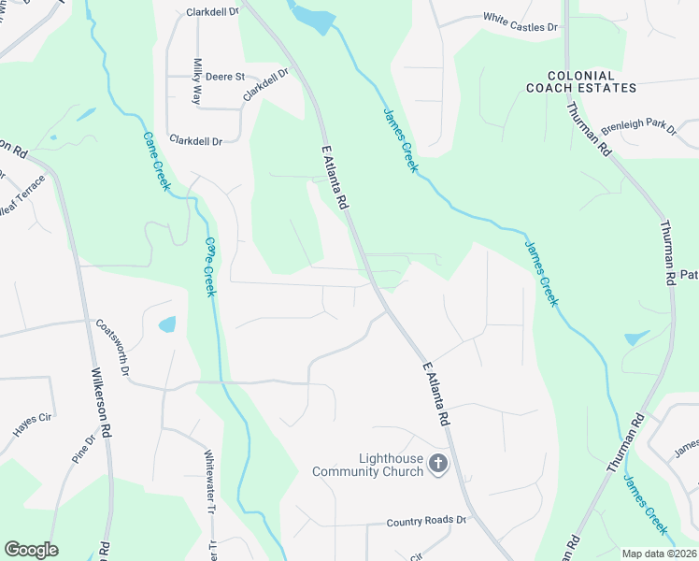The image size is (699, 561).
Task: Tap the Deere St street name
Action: click(225, 77)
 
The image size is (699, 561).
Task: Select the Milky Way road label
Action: click(197, 81)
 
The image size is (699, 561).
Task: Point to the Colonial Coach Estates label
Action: click(580, 82)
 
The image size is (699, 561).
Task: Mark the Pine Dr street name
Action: click(84, 451)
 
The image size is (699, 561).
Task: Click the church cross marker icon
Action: click(437, 462)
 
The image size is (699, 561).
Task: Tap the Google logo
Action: click(31, 550)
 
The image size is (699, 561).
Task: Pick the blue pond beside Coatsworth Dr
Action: click(167, 325)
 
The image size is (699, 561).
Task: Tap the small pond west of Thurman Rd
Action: click(635, 338)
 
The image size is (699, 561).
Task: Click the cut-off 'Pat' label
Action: click(689, 275)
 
